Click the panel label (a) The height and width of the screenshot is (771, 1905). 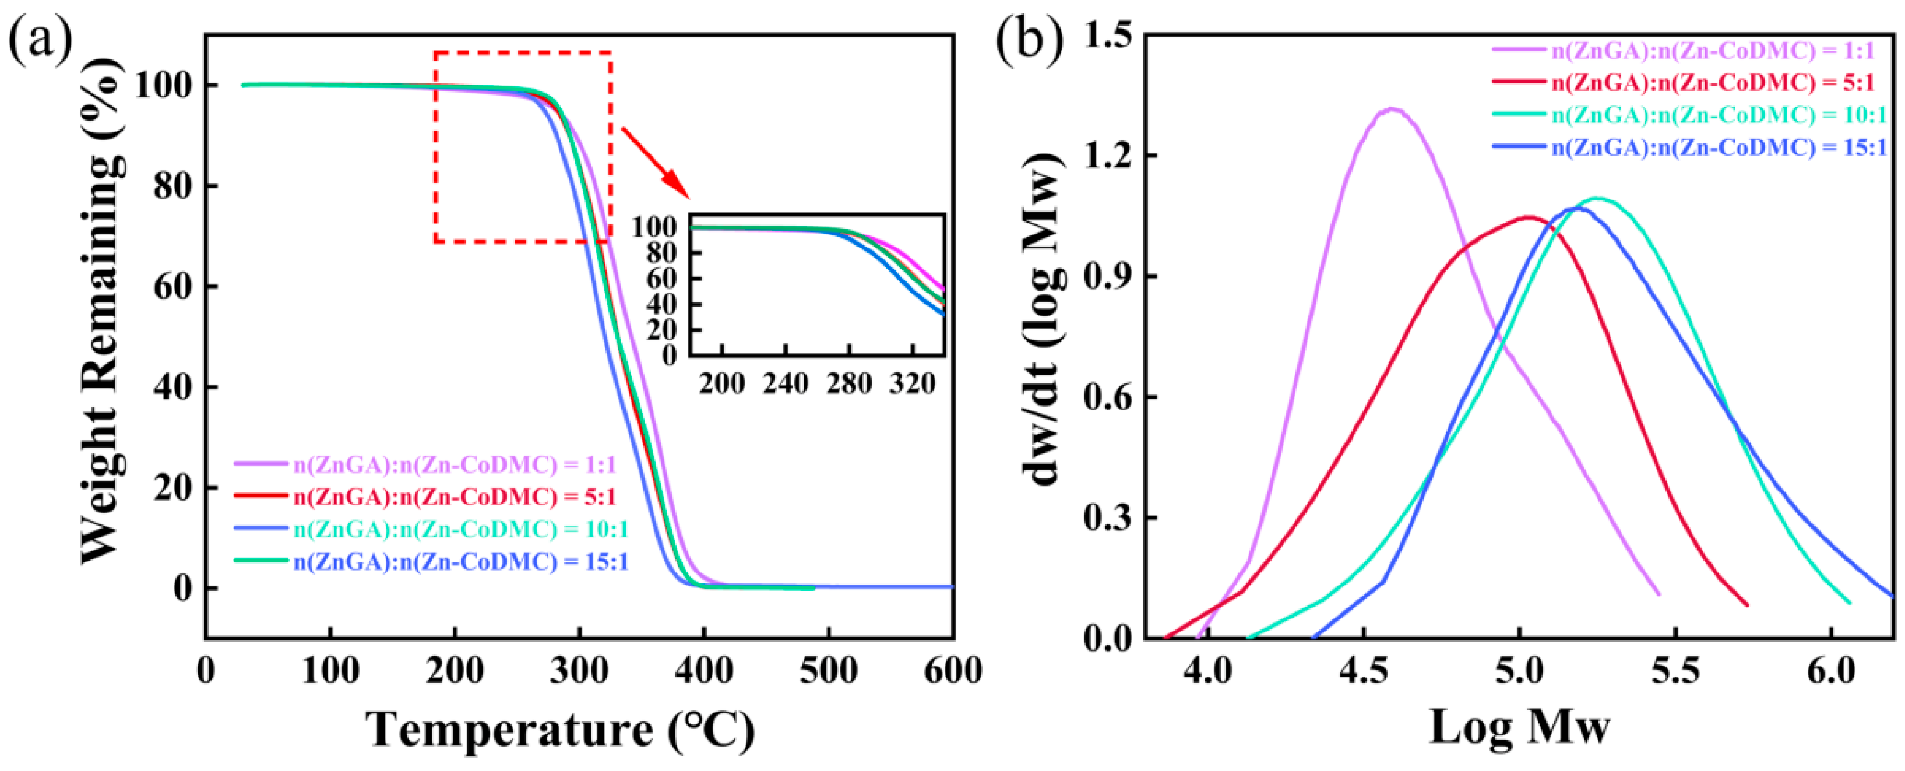pos(41,41)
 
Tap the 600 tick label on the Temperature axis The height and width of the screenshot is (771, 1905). pos(952,672)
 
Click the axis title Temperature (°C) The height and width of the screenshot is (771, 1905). pos(560,730)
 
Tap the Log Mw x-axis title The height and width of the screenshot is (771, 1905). pos(1519,727)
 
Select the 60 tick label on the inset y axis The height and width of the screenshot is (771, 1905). pos(662,279)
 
